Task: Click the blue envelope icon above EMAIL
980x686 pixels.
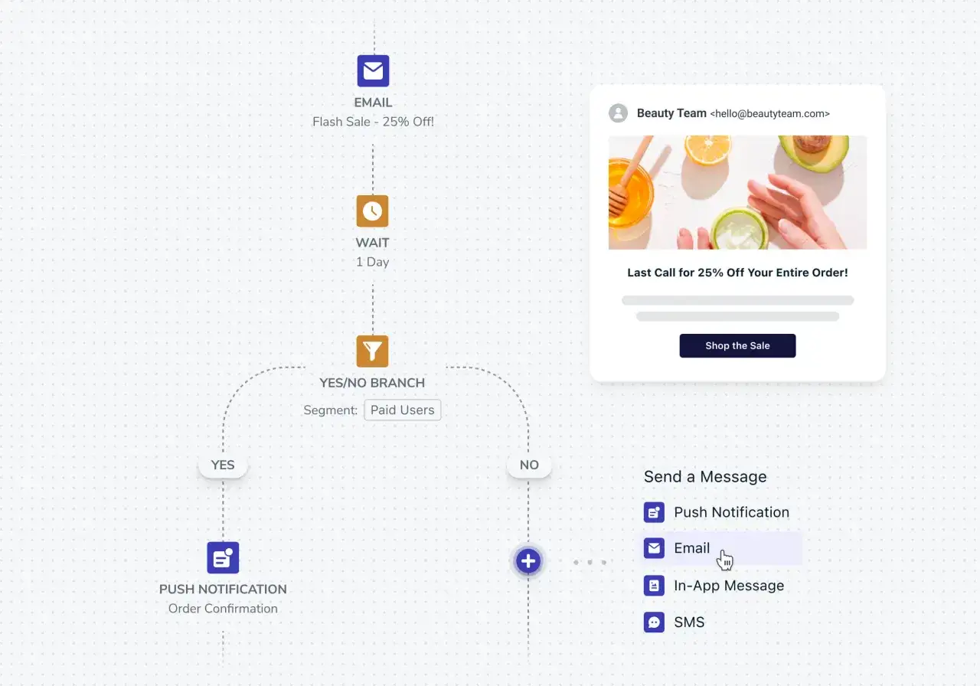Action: [x=373, y=71]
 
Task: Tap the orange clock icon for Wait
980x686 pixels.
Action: [x=372, y=211]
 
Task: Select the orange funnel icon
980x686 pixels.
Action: [x=372, y=351]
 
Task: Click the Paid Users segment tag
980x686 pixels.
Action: [x=403, y=410]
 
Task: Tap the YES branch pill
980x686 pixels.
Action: [x=223, y=465]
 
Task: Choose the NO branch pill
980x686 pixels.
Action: [x=529, y=465]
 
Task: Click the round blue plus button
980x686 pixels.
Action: [x=528, y=561]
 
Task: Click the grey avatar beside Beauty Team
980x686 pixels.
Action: [x=618, y=113]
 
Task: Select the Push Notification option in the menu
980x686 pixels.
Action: [x=717, y=512]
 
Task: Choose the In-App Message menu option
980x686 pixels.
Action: [x=714, y=586]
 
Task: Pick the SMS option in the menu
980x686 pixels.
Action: [x=675, y=622]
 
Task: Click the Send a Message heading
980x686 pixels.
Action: [x=705, y=476]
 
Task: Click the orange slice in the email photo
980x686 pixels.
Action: [x=707, y=149]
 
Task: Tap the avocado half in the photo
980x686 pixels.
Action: [x=812, y=151]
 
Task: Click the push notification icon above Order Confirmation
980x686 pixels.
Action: [x=223, y=558]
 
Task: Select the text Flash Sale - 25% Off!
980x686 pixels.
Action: [x=373, y=122]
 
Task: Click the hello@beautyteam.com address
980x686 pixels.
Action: [x=770, y=114]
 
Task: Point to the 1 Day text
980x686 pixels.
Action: [x=372, y=262]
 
